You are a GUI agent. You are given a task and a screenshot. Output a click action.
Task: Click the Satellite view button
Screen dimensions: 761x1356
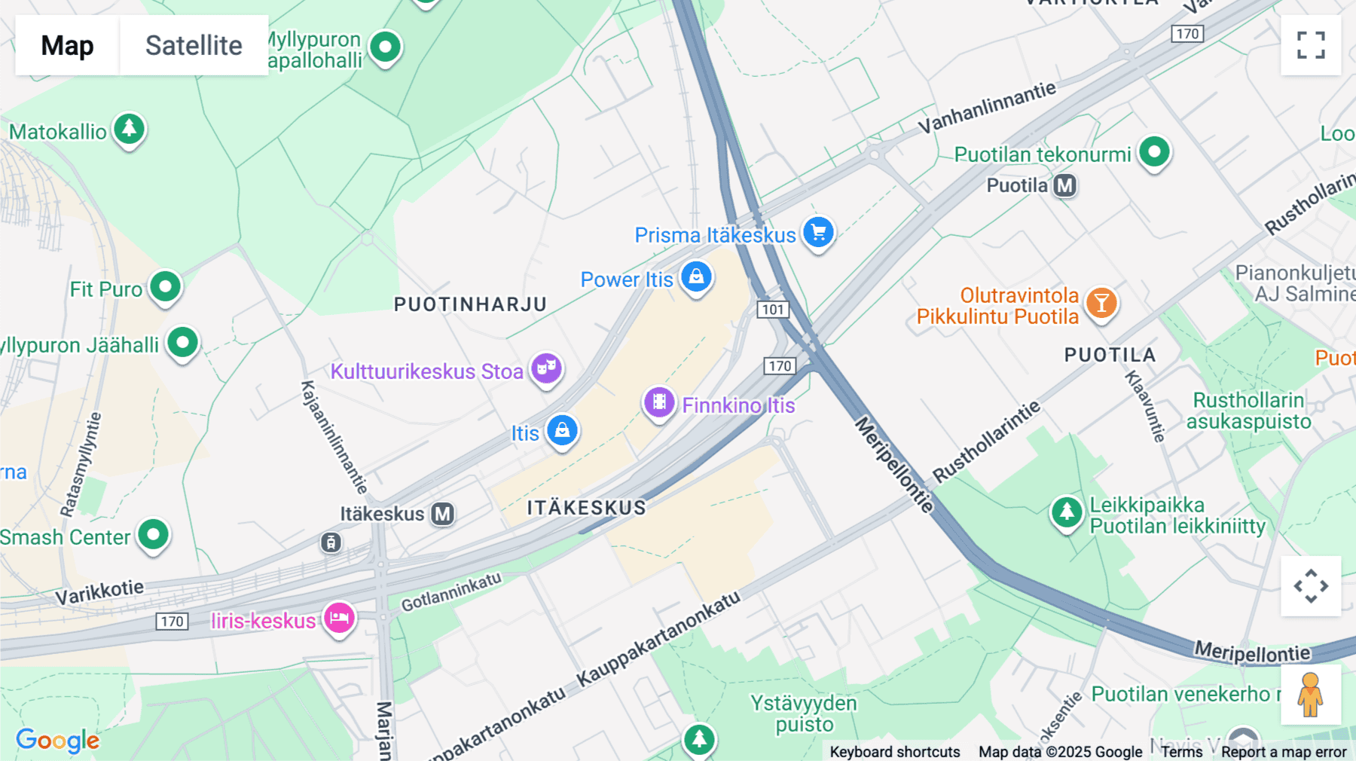[194, 45]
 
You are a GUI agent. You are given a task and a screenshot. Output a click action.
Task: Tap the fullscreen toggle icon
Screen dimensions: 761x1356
[1311, 45]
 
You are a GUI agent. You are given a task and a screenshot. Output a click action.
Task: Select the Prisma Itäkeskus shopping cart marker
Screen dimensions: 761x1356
[818, 233]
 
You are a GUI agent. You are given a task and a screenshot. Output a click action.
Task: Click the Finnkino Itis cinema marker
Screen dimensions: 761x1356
[659, 403]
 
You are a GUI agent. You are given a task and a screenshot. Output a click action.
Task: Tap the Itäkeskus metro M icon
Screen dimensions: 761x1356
[443, 514]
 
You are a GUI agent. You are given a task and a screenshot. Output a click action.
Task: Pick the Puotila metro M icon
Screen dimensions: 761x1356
[1064, 185]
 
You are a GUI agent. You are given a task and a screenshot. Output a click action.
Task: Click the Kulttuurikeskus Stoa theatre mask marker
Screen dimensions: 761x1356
[546, 369]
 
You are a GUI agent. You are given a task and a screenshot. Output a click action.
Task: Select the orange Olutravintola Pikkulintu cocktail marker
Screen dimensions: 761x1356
[1101, 303]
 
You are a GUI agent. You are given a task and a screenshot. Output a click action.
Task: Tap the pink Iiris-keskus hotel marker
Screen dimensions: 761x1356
[339, 619]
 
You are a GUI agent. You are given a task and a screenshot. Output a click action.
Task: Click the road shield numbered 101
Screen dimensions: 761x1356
[773, 310]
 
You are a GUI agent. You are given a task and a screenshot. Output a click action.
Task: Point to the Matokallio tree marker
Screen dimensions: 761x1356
[129, 130]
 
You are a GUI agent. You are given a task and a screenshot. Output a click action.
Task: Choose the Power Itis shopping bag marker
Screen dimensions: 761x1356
[696, 277]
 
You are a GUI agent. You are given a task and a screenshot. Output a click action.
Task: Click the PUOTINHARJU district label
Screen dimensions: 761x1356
[470, 304]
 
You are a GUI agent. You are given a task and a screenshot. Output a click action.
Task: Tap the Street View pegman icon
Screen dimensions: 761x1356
[1310, 695]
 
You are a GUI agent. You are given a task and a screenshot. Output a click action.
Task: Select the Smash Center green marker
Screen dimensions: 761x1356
[153, 536]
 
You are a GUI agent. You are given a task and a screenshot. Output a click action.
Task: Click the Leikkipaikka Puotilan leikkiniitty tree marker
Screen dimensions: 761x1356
[1067, 512]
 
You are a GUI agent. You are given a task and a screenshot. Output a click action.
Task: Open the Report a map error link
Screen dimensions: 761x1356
[1284, 752]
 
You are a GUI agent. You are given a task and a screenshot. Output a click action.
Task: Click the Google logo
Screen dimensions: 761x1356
[58, 740]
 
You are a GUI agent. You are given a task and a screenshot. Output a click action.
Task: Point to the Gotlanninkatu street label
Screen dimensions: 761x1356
[450, 592]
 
